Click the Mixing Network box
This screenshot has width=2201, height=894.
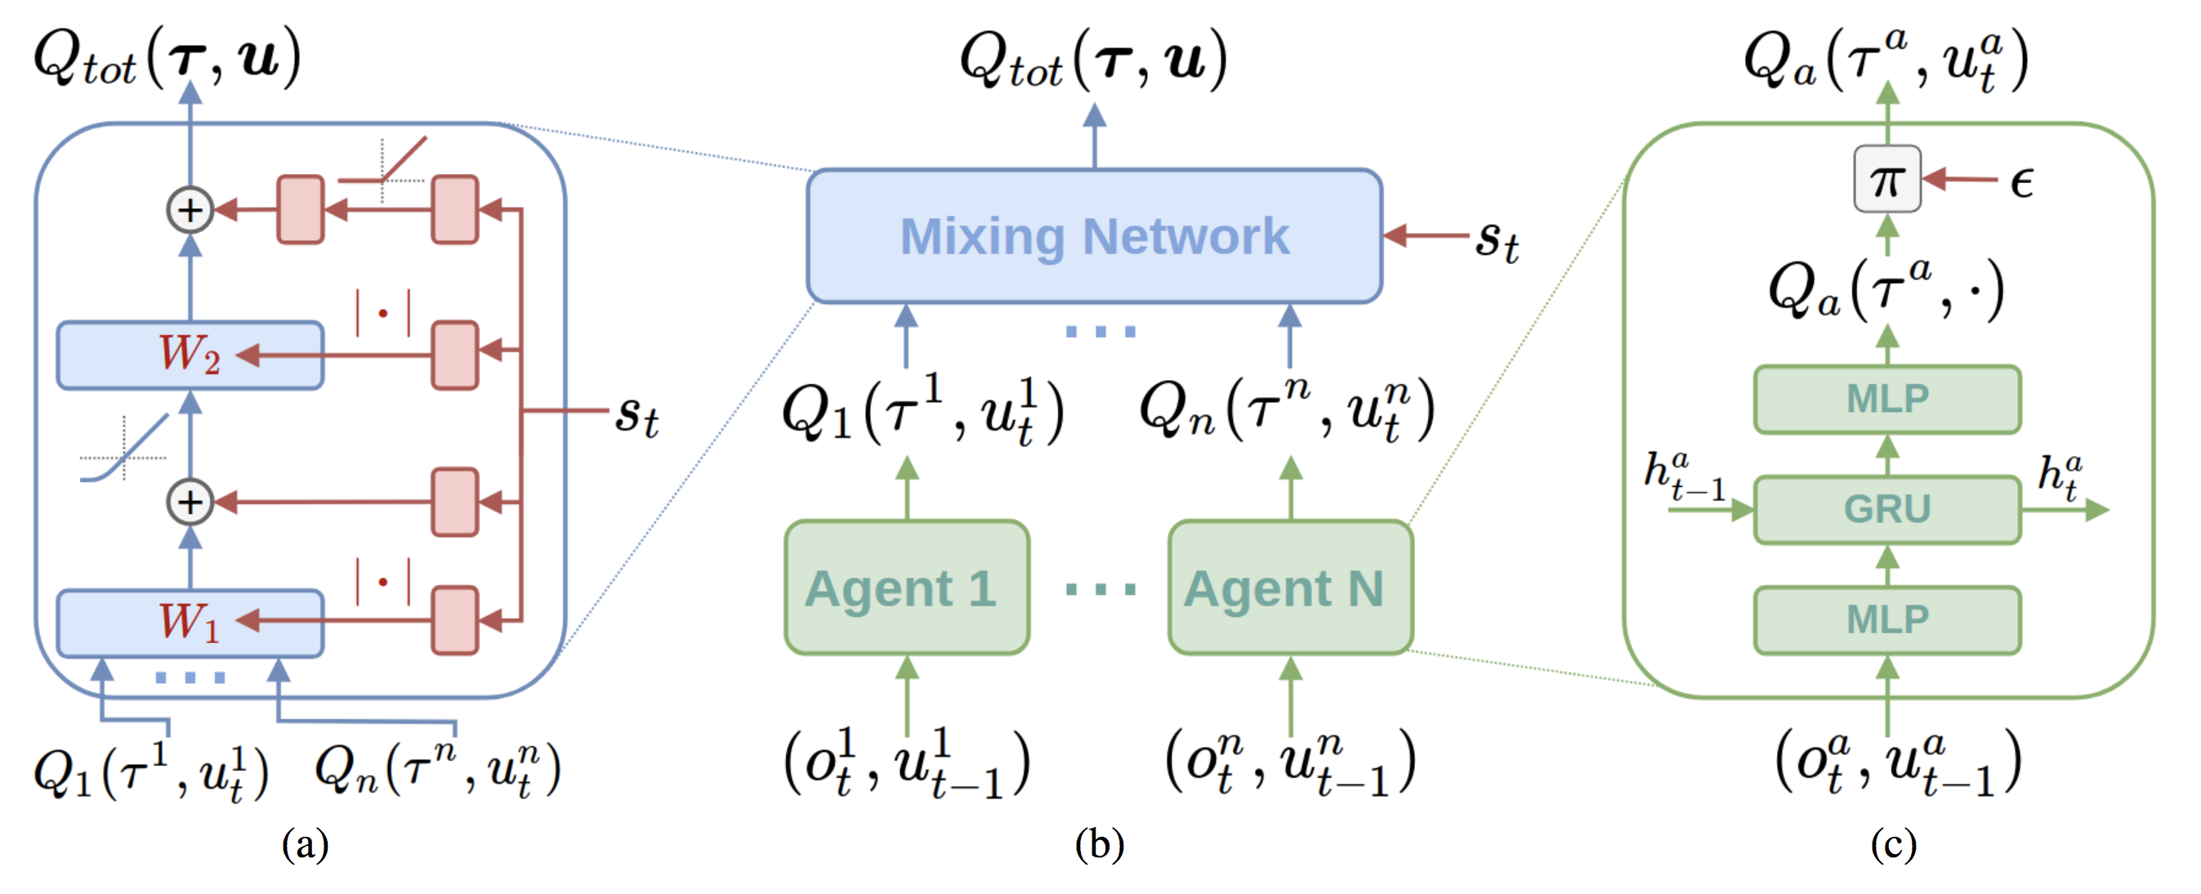(x=1094, y=236)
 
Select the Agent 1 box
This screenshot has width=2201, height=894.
(x=907, y=588)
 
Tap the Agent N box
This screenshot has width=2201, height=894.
(x=1289, y=588)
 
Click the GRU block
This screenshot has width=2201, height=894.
(x=1886, y=509)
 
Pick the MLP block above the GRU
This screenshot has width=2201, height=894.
(x=1886, y=399)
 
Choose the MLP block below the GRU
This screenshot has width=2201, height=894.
(x=1886, y=620)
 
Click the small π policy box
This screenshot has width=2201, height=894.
(x=1886, y=180)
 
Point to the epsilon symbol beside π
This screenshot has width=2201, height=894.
(x=2021, y=182)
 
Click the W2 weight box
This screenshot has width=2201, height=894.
(x=190, y=355)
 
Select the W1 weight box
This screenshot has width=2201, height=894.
(x=190, y=622)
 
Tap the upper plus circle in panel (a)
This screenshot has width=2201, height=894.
(x=190, y=209)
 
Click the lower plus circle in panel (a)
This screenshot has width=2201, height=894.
(x=190, y=502)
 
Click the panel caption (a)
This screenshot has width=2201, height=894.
(x=305, y=844)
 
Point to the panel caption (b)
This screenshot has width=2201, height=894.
(x=1099, y=844)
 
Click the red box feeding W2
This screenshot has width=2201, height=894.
(x=454, y=355)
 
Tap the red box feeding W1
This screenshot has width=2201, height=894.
(x=454, y=620)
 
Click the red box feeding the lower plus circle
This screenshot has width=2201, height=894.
(x=454, y=502)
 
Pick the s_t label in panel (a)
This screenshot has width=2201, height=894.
(x=637, y=416)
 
